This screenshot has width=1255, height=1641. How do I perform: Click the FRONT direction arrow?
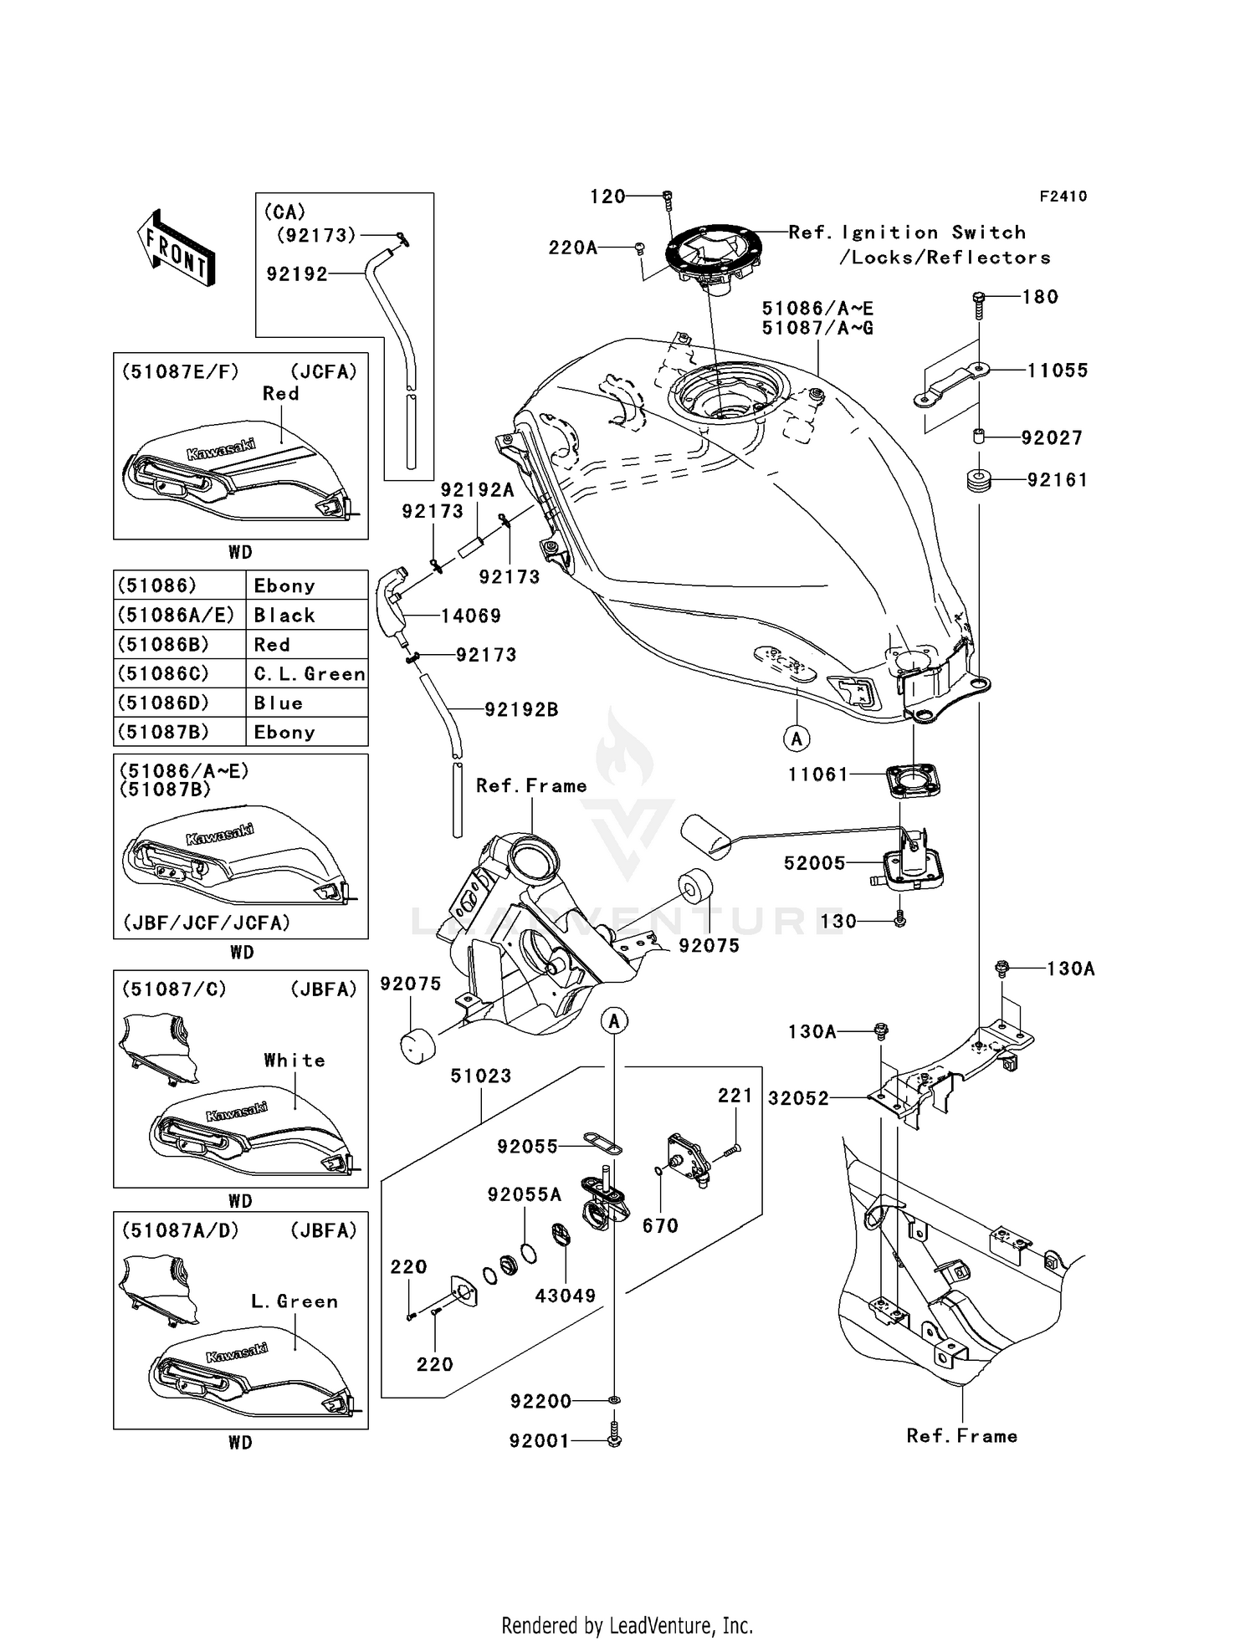point(177,248)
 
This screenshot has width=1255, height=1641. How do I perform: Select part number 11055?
point(1058,371)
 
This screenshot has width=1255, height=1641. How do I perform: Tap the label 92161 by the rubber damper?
point(1058,480)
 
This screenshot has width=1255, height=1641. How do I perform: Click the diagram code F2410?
point(1063,197)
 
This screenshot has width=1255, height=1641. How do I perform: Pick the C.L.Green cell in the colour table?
point(309,674)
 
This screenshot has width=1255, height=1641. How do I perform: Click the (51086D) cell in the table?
point(163,703)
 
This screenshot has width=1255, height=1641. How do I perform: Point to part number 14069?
point(471,616)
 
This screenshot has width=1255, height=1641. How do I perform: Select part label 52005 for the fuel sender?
point(815,863)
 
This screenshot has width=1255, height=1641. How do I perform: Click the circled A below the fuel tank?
point(797,739)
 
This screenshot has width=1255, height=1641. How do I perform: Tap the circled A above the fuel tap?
point(614,1021)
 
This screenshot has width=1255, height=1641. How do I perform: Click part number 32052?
point(798,1098)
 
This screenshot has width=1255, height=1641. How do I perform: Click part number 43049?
point(566,1296)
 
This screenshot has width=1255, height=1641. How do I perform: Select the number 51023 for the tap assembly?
point(481,1076)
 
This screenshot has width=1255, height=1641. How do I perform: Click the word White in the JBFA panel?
point(295,1061)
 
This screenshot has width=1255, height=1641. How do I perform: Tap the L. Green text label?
point(295,1301)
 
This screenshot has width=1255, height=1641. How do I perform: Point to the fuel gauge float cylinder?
point(705,836)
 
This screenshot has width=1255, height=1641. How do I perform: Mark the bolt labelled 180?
point(979,308)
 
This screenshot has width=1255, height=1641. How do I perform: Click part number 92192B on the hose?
point(521,710)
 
